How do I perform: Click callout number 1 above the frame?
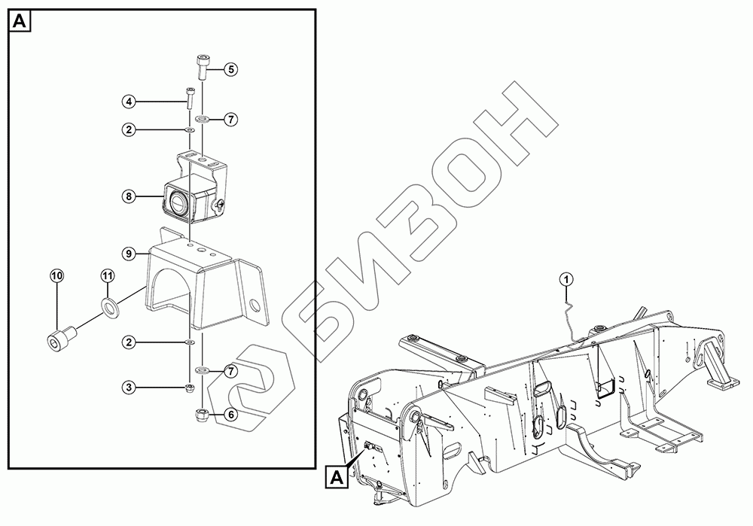coord(567,279)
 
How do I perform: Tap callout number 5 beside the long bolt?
coord(230,69)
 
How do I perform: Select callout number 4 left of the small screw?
coord(129,102)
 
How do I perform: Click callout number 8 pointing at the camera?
coord(129,196)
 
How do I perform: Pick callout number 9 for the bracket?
coord(129,253)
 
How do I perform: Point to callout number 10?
coord(57,276)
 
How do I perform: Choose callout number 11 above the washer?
coord(108,276)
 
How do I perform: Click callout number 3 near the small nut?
coord(129,387)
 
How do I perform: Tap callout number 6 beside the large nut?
coord(230,414)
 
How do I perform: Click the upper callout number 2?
coord(129,129)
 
